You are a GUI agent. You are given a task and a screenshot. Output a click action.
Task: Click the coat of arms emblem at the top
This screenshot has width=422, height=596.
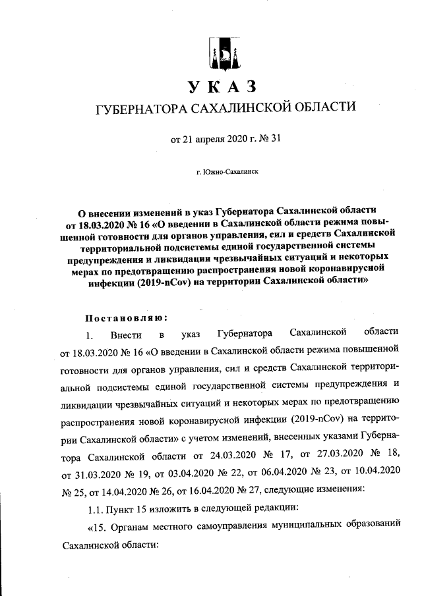[220, 53]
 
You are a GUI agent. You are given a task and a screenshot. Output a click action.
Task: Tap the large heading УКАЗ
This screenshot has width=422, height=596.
[221, 87]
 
